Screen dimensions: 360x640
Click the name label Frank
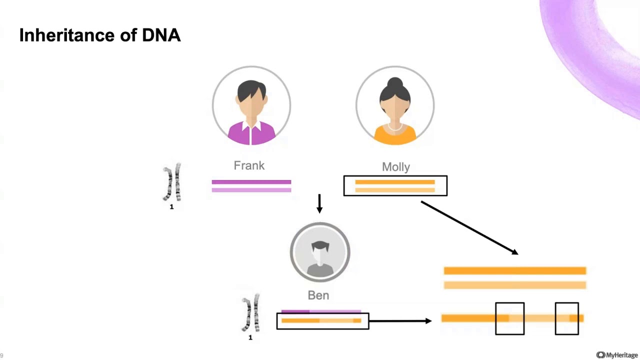tap(249, 165)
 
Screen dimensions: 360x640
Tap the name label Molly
tap(395, 167)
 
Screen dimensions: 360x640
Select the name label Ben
tap(318, 295)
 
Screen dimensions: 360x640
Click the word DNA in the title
tap(161, 35)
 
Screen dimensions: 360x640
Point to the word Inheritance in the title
tap(72, 35)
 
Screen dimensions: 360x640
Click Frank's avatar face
tap(251, 102)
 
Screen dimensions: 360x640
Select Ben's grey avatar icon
tap(320, 252)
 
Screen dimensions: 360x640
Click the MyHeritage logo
tap(617, 355)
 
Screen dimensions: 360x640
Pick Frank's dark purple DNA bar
tap(251, 182)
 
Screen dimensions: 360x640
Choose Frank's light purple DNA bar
tap(251, 190)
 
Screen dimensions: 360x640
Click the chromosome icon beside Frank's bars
tap(171, 182)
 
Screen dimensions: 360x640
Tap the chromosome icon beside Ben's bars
tap(250, 313)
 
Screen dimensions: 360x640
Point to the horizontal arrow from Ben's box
tap(400, 320)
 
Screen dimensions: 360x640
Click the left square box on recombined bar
tap(509, 318)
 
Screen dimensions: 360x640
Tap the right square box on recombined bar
tap(566, 318)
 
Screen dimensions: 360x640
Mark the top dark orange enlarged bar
tap(514, 271)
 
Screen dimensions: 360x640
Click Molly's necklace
tap(395, 127)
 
